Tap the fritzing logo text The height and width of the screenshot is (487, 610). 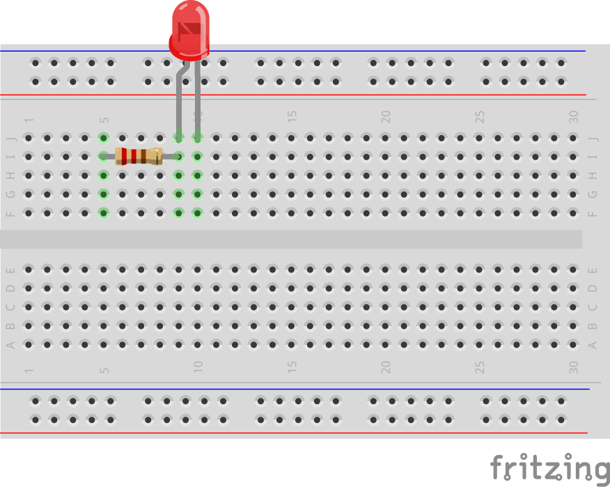pyautogui.click(x=549, y=467)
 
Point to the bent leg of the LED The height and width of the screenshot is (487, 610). pyautogui.click(x=180, y=98)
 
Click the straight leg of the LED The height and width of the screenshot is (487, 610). pyautogui.click(x=198, y=98)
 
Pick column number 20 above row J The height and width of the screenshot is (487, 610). pyautogui.click(x=386, y=116)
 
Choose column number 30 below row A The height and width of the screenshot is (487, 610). pyautogui.click(x=574, y=366)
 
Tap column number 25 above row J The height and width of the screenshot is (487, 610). pyautogui.click(x=480, y=116)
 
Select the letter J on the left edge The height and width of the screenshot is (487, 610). pyautogui.click(x=10, y=138)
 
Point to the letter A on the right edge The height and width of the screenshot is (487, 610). pyautogui.click(x=593, y=344)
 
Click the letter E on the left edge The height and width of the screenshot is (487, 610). pyautogui.click(x=10, y=269)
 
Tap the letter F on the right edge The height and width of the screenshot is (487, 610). pyautogui.click(x=593, y=213)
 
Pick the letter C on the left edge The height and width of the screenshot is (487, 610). pyautogui.click(x=10, y=307)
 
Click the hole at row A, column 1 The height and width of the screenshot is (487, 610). pyautogui.click(x=29, y=344)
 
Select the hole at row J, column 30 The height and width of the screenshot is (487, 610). pyautogui.click(x=573, y=138)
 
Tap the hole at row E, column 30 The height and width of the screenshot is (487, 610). pyautogui.click(x=573, y=269)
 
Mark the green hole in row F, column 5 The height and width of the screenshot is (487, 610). pyautogui.click(x=104, y=212)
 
